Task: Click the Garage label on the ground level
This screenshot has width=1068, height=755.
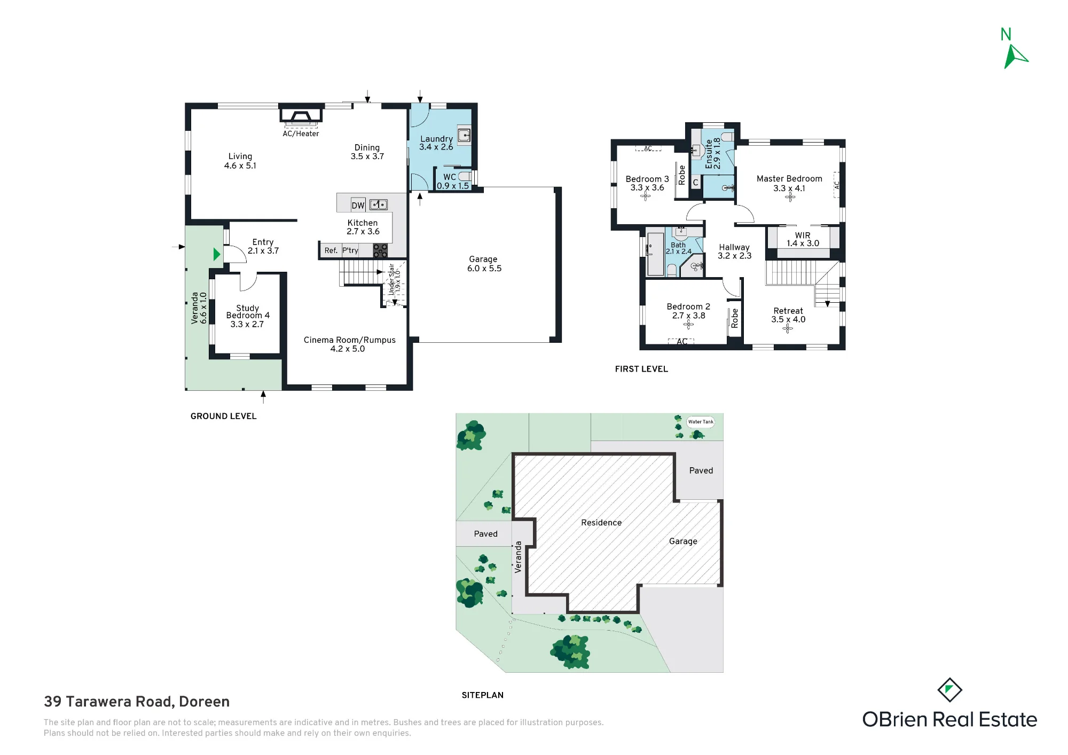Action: pyautogui.click(x=483, y=259)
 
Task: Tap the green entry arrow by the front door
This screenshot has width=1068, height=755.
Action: pyautogui.click(x=216, y=254)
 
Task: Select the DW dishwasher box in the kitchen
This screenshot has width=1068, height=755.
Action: pyautogui.click(x=358, y=206)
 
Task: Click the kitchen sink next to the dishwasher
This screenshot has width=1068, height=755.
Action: pyautogui.click(x=379, y=205)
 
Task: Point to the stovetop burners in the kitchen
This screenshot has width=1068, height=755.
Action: pyautogui.click(x=380, y=250)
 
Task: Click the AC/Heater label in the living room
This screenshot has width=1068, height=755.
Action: pyautogui.click(x=301, y=133)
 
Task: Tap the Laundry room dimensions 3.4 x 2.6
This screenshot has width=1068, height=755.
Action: pyautogui.click(x=436, y=147)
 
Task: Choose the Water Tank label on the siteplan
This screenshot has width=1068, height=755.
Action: pyautogui.click(x=701, y=422)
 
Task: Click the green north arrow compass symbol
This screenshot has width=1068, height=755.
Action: pyautogui.click(x=1014, y=56)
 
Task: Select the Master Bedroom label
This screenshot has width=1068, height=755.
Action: pyautogui.click(x=789, y=179)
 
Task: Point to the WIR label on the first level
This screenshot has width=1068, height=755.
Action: pyautogui.click(x=803, y=235)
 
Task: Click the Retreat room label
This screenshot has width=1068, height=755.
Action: pyautogui.click(x=788, y=311)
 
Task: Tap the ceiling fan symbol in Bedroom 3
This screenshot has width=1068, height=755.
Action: pyautogui.click(x=646, y=196)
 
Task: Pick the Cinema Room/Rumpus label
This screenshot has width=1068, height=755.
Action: pyautogui.click(x=350, y=340)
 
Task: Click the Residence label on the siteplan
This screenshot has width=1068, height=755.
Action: pyautogui.click(x=601, y=523)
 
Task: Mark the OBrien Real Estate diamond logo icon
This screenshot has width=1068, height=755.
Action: pyautogui.click(x=949, y=690)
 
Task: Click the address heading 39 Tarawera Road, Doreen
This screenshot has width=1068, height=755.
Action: pyautogui.click(x=137, y=702)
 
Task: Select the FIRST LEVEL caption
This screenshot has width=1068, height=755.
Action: pyautogui.click(x=641, y=369)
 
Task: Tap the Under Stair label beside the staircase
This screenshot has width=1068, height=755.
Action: pyautogui.click(x=391, y=279)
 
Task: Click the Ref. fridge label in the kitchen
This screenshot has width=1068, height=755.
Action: pyautogui.click(x=331, y=250)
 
